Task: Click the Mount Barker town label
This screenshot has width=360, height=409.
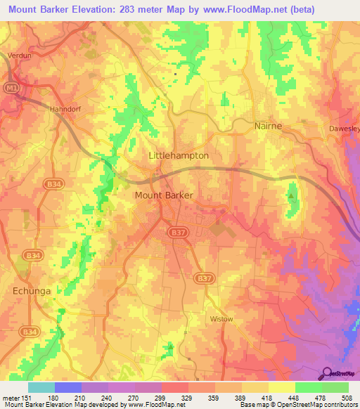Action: [x=163, y=196]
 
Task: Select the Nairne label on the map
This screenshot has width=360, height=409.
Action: [x=268, y=126]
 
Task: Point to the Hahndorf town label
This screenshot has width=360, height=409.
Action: [x=67, y=109]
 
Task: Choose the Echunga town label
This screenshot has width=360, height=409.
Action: [x=33, y=289]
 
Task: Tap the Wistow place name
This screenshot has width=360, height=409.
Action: [x=222, y=318]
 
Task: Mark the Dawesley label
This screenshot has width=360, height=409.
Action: [x=344, y=129]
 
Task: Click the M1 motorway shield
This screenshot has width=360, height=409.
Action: [x=10, y=87]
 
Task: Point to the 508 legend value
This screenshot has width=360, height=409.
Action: [x=347, y=398]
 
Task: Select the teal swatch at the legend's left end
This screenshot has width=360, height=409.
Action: [x=41, y=387]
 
